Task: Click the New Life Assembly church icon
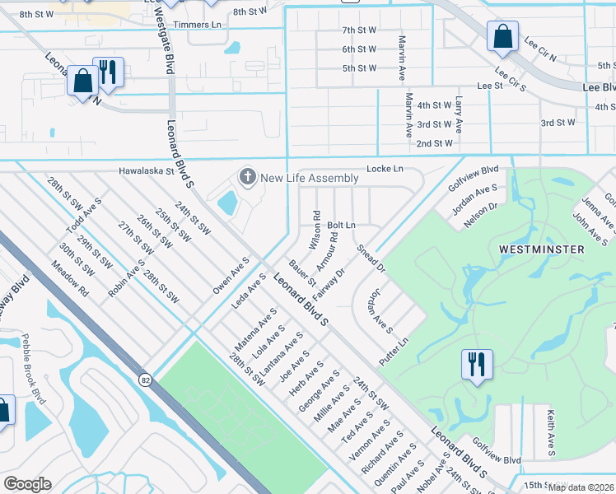[246, 177]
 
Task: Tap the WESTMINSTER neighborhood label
[541, 249]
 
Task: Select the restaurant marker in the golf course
[477, 365]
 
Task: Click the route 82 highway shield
[145, 380]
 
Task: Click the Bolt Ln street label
[341, 225]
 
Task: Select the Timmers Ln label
[203, 26]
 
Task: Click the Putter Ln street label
[393, 352]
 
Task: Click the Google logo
[26, 483]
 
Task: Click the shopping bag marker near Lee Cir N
[502, 37]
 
